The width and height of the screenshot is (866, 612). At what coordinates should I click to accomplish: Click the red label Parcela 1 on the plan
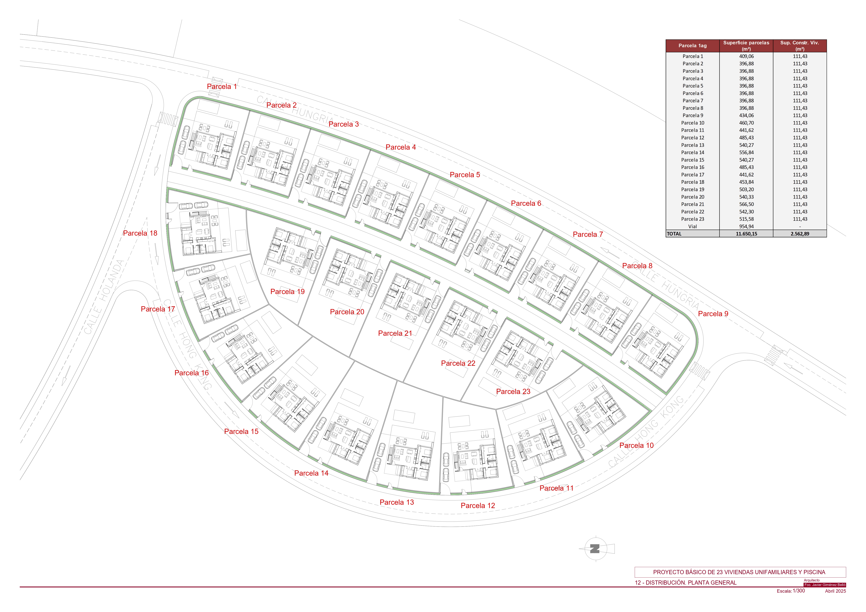click(x=222, y=86)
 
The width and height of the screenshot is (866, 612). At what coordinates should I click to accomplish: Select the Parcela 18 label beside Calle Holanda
click(x=140, y=233)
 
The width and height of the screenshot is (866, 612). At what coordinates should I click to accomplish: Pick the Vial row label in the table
click(x=693, y=226)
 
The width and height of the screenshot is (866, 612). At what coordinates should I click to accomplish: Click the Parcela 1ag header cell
click(x=693, y=46)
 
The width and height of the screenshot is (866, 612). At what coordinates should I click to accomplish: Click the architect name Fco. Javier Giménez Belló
click(x=825, y=585)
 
